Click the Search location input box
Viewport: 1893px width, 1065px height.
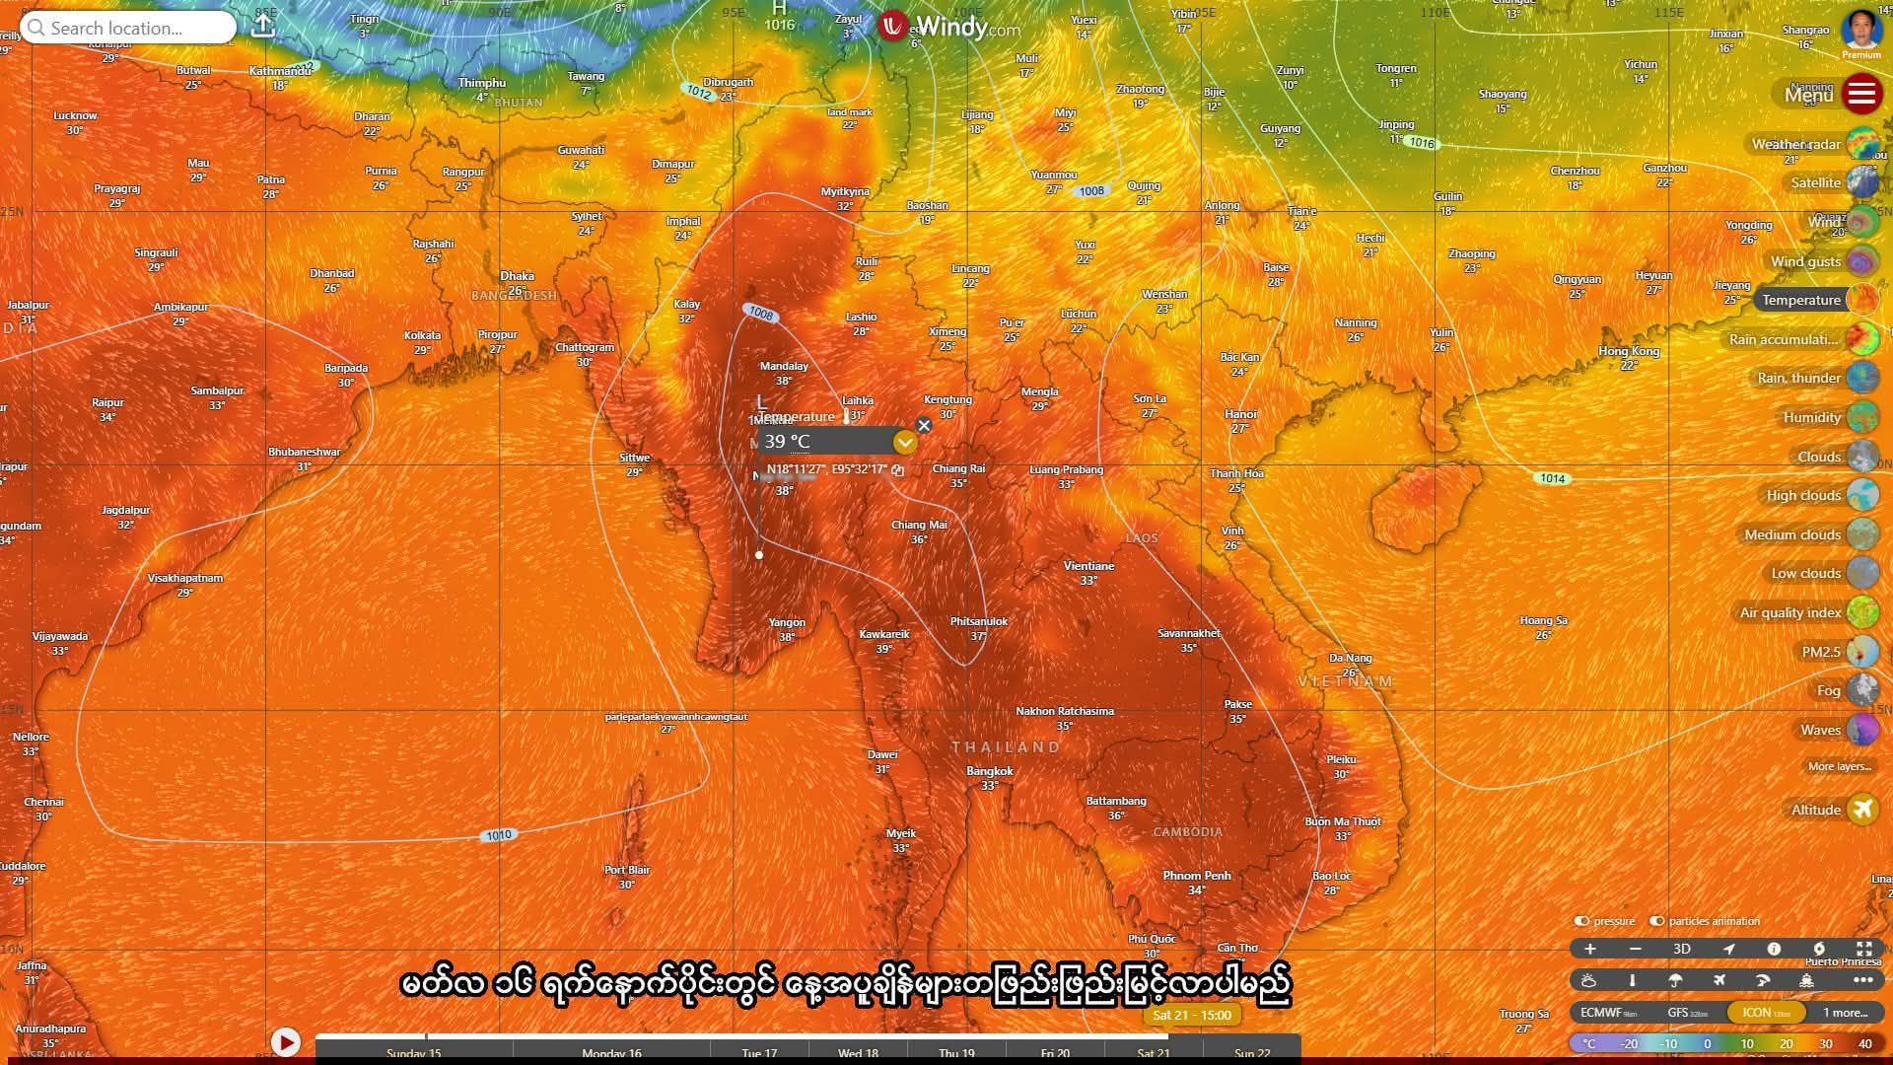pyautogui.click(x=128, y=28)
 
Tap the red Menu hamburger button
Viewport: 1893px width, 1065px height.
pyautogui.click(x=1860, y=94)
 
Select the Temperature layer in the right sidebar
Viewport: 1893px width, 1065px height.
pyautogui.click(x=1801, y=300)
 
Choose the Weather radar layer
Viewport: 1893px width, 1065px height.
pyautogui.click(x=1795, y=144)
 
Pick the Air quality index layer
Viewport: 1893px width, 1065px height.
pyautogui.click(x=1789, y=612)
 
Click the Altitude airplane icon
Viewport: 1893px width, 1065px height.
pyautogui.click(x=1861, y=810)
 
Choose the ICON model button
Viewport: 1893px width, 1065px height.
pyautogui.click(x=1765, y=1013)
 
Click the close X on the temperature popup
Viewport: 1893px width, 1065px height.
pyautogui.click(x=924, y=425)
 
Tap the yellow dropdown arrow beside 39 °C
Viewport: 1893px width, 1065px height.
pyautogui.click(x=904, y=443)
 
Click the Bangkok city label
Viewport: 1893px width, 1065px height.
pyautogui.click(x=989, y=771)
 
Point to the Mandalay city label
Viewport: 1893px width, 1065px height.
pyautogui.click(x=784, y=366)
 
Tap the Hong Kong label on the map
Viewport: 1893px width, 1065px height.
pyautogui.click(x=1629, y=351)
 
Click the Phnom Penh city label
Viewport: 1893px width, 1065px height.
pyautogui.click(x=1196, y=876)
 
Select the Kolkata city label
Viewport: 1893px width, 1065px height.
pyautogui.click(x=422, y=335)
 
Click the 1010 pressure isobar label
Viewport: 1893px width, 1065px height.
pyautogui.click(x=499, y=835)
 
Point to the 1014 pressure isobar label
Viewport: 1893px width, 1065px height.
pyautogui.click(x=1553, y=478)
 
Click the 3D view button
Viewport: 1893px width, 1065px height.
pyautogui.click(x=1682, y=949)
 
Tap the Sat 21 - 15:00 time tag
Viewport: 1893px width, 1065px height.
pyautogui.click(x=1191, y=1015)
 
